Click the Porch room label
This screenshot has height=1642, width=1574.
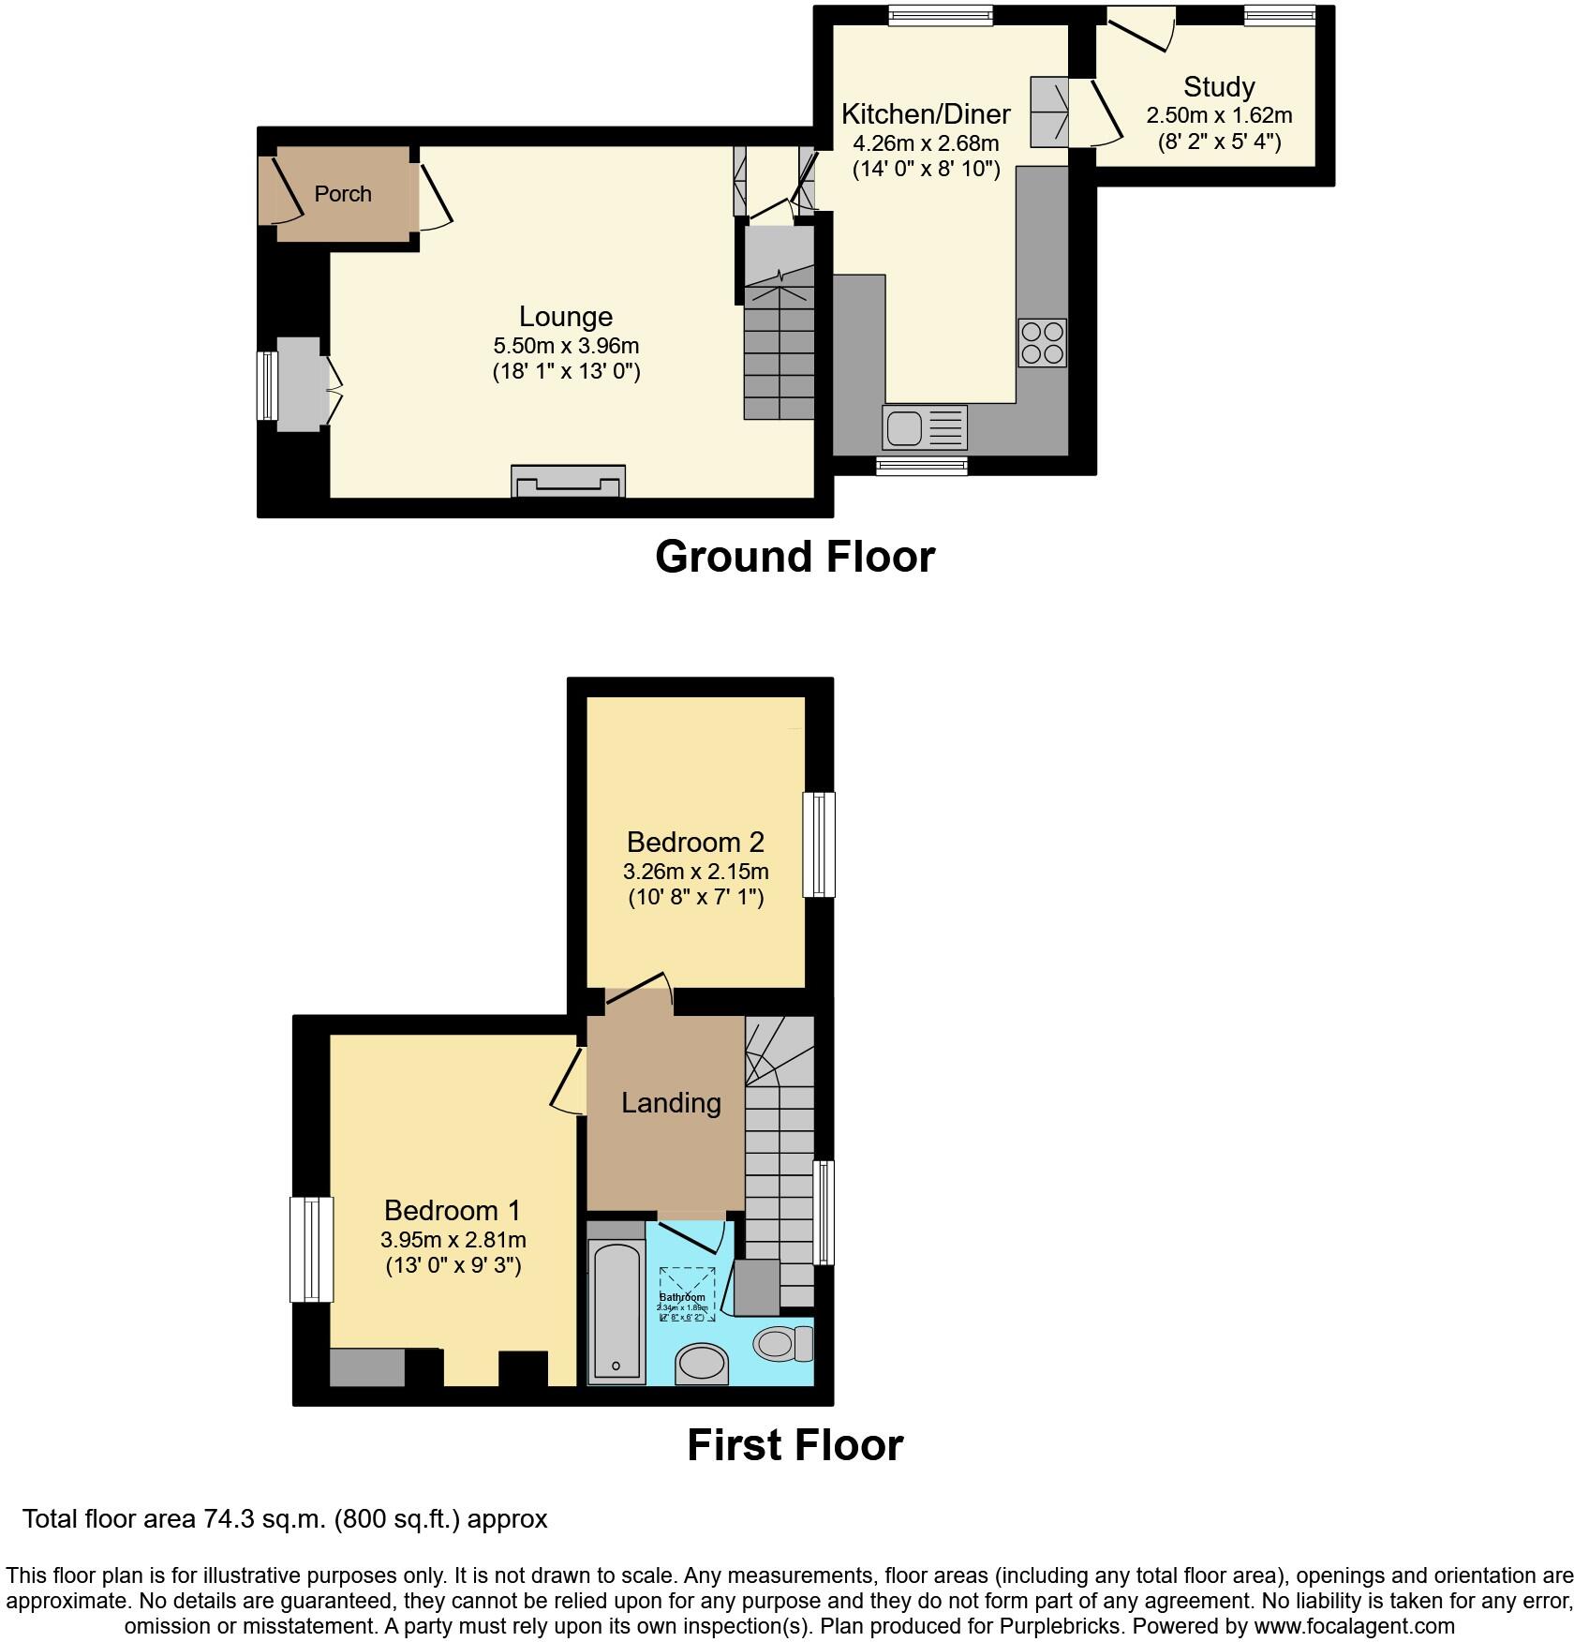point(343,194)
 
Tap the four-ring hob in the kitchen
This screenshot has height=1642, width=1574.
point(1042,343)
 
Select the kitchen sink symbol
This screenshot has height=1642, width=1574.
point(924,428)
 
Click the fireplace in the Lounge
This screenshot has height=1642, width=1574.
point(568,482)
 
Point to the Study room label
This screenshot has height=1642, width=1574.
point(1218,87)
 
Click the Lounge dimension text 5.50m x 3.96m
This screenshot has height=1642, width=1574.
point(566,346)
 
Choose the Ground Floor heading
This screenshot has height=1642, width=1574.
point(794,557)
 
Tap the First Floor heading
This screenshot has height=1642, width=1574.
point(794,1445)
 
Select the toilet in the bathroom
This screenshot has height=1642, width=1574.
point(782,1344)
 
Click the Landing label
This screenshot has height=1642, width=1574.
point(671,1103)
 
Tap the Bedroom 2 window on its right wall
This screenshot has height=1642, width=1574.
point(824,844)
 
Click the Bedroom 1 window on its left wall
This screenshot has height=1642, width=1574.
point(309,1249)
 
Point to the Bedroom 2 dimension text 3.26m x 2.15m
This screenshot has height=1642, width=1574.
point(695,872)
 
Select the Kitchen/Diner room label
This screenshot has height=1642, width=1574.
point(926,114)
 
